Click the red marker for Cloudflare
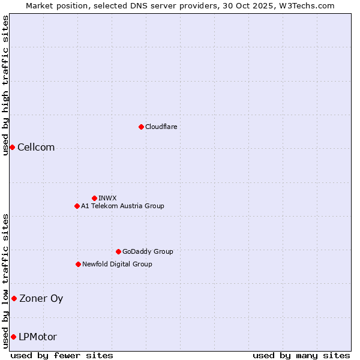point(141,127)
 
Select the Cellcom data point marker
point(12,148)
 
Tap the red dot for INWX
point(94,198)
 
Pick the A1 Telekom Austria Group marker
point(77,206)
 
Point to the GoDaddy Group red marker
point(118,251)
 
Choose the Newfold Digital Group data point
point(78,264)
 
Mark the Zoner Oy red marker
point(14,298)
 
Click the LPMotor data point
point(13,337)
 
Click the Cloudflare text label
point(161,127)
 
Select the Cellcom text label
point(36,148)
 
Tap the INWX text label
point(107,198)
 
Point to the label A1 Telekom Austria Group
point(122,206)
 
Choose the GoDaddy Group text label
point(148,251)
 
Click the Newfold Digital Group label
point(117,264)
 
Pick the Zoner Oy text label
point(41,298)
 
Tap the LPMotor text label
point(38,337)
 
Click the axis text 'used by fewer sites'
point(62,355)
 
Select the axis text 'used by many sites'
point(301,355)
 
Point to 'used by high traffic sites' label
point(5,85)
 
